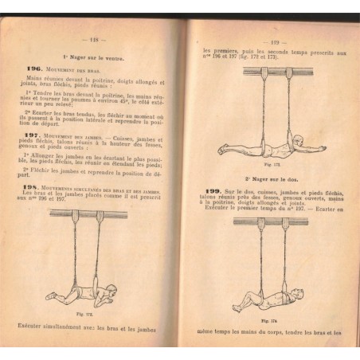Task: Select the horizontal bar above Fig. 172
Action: pyautogui.click(x=88, y=215)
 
